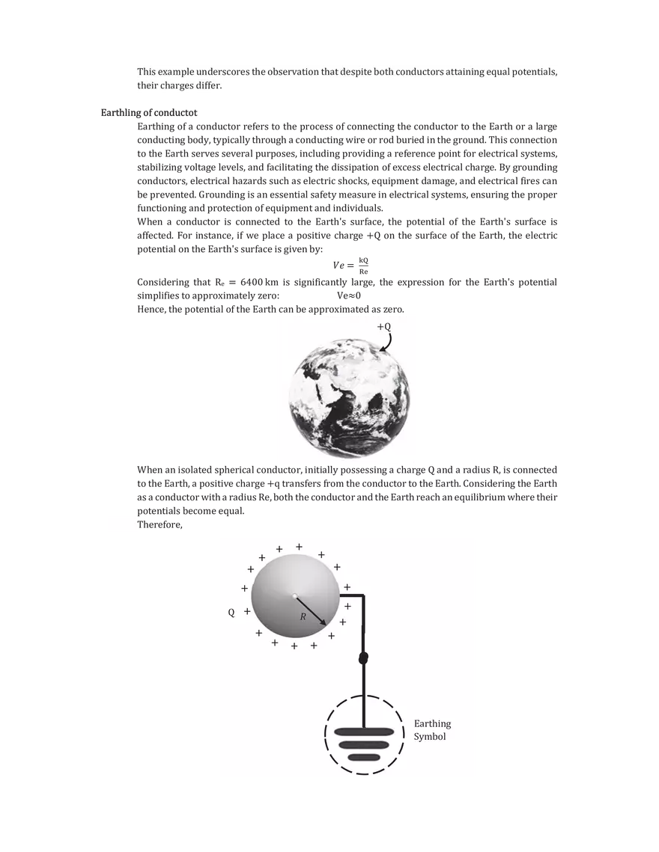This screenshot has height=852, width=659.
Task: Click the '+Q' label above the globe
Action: [x=383, y=327]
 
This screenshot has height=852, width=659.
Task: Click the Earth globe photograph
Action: [x=350, y=394]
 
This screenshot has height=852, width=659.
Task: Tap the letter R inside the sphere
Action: [x=303, y=617]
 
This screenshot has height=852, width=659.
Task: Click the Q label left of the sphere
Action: [x=231, y=613]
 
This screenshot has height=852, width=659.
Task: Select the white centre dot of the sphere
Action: [x=296, y=595]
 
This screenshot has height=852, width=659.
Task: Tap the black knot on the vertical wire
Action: [x=364, y=658]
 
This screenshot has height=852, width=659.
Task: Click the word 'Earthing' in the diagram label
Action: [x=432, y=724]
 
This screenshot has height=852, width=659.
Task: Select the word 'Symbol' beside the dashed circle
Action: [x=430, y=737]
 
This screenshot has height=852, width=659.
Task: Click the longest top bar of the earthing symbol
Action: [x=362, y=732]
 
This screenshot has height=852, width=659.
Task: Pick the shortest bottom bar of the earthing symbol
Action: [x=363, y=758]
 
